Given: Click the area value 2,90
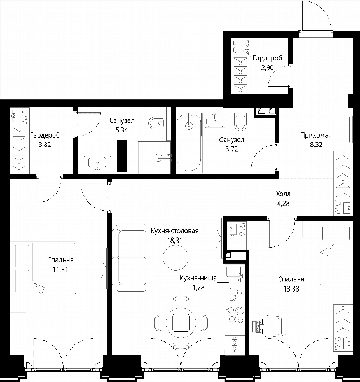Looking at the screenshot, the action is click(x=267, y=68).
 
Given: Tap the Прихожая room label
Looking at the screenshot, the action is click(x=316, y=135).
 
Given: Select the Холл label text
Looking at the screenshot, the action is click(x=283, y=194).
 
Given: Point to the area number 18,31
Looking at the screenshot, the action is click(x=174, y=241).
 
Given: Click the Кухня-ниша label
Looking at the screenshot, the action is click(x=198, y=278).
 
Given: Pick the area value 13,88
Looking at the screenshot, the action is click(x=291, y=289).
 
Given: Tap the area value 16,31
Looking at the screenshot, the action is click(x=60, y=270).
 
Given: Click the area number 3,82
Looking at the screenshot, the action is click(x=45, y=145).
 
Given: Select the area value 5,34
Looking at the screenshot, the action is click(x=121, y=130).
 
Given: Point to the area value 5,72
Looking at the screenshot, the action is click(x=232, y=150).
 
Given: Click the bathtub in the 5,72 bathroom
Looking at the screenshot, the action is click(x=189, y=141).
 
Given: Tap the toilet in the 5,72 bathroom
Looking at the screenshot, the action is click(x=240, y=121).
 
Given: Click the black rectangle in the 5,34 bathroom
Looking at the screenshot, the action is click(x=122, y=156).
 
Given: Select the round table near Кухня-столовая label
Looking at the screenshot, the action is click(x=176, y=257).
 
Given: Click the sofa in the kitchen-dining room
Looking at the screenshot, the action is click(x=128, y=258).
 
